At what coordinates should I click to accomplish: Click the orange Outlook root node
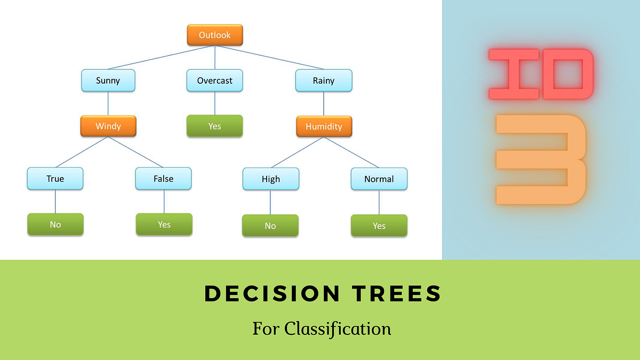[x=215, y=35]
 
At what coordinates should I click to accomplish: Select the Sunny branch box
[x=108, y=81]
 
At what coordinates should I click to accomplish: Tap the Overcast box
[x=215, y=81]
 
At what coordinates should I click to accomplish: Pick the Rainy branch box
[x=324, y=81]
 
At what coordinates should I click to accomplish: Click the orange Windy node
[x=108, y=126]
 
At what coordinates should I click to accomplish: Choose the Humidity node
[x=324, y=126]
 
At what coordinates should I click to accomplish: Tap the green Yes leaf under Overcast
[x=215, y=126]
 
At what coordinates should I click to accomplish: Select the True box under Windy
[x=55, y=179]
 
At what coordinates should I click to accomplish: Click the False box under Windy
[x=163, y=179]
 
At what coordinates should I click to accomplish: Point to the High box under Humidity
[x=270, y=179]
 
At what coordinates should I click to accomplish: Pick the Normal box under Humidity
[x=379, y=179]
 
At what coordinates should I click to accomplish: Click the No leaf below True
[x=55, y=225]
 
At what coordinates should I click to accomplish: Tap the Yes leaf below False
[x=164, y=225]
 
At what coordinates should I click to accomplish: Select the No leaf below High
[x=270, y=226]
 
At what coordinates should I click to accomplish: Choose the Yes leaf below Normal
[x=379, y=226]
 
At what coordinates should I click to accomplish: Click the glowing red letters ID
[x=541, y=74]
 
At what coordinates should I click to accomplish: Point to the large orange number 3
[x=541, y=159]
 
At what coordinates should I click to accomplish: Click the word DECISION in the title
[x=272, y=294]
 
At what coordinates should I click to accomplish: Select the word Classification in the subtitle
[x=338, y=328]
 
